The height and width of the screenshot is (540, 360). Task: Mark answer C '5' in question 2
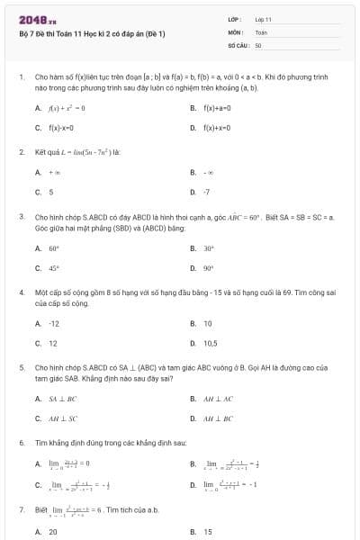tap(50, 192)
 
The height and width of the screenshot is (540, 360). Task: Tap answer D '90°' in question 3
tap(209, 268)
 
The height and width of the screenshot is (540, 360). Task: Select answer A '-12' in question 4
tap(54, 323)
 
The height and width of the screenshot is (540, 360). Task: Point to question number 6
tap(21, 444)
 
